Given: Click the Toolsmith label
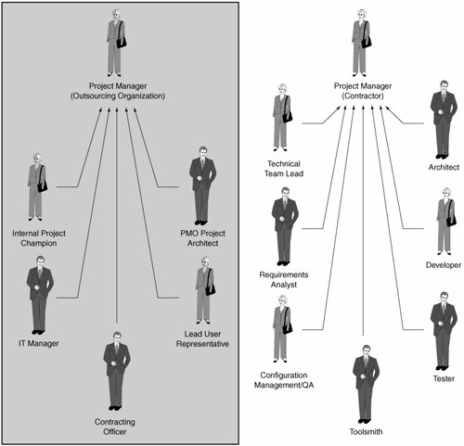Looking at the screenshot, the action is (366, 431).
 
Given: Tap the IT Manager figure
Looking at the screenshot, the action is (40, 295).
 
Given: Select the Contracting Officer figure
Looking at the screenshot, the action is (117, 371).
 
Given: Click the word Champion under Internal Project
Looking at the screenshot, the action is (39, 243).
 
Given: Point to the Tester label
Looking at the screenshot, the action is (444, 378).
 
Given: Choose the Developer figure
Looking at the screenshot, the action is (446, 221).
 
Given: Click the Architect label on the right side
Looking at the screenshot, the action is (444, 167).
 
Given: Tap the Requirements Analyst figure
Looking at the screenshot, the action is (285, 226).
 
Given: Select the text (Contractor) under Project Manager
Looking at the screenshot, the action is (363, 96).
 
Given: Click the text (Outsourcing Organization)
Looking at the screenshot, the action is (118, 96).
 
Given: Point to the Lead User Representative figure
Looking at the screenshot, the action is (205, 290).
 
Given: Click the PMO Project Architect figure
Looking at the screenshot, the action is (202, 185).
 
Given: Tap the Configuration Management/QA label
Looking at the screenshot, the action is (284, 380).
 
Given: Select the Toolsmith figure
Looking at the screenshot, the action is (366, 384).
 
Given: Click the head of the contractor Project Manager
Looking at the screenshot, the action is (361, 15).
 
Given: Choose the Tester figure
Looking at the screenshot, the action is (444, 331).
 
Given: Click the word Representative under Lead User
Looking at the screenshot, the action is (202, 344).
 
